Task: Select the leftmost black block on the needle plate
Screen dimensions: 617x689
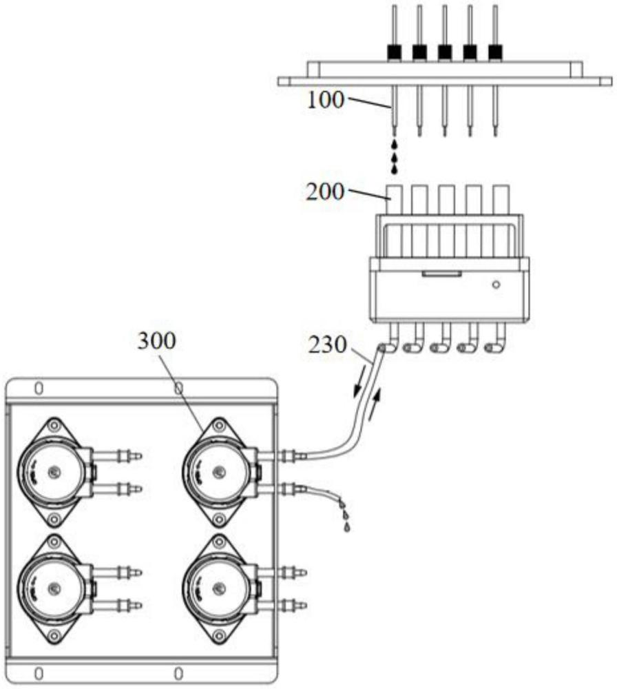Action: pos(394,52)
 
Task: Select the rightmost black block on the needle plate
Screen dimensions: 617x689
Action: pos(495,52)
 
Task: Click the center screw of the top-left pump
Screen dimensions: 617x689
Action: pos(55,472)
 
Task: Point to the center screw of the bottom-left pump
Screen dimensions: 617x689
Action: pos(55,587)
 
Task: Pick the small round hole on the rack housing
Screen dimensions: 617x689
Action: pos(496,284)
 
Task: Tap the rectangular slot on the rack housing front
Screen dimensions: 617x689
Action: pos(441,274)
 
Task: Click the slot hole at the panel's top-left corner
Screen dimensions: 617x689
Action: pos(39,389)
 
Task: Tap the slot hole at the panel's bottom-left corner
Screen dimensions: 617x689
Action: pos(39,671)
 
